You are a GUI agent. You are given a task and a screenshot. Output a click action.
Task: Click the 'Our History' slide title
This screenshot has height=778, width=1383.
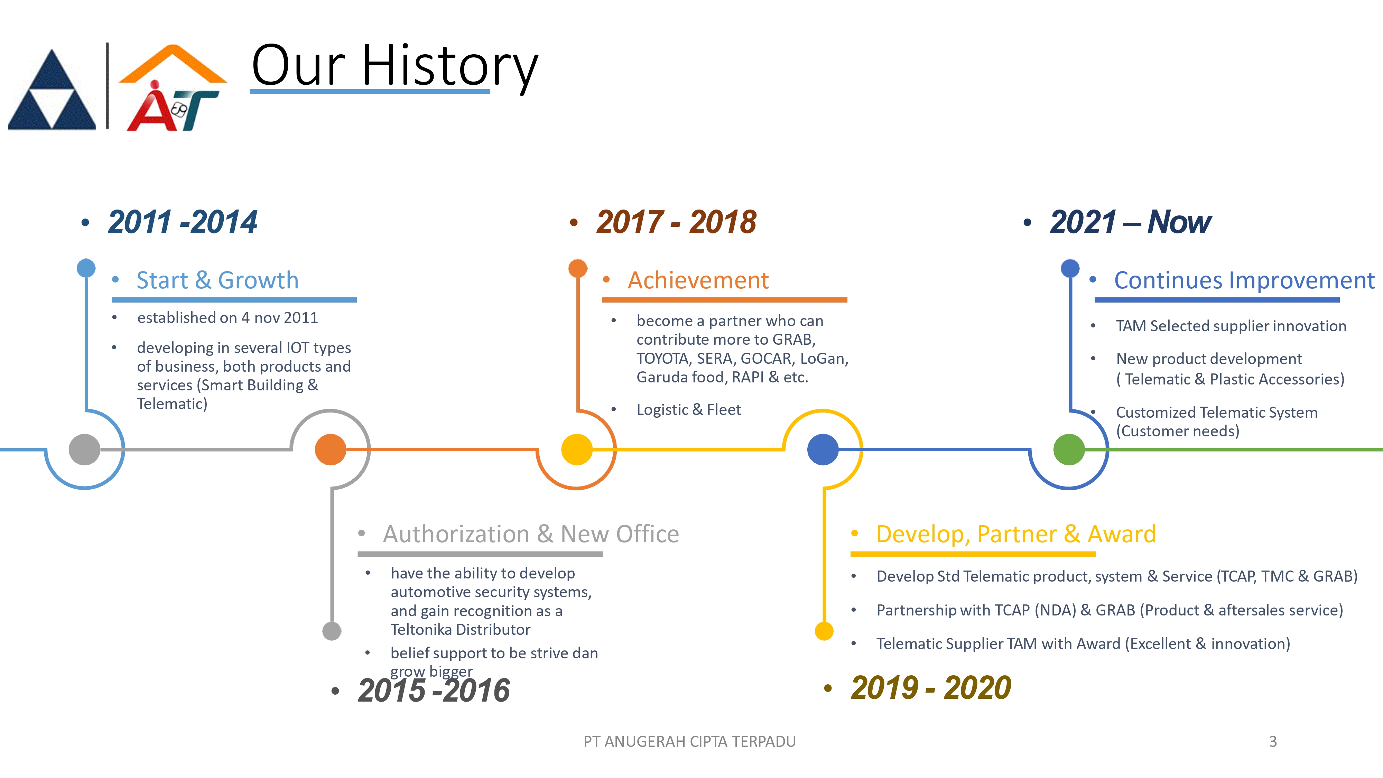395,66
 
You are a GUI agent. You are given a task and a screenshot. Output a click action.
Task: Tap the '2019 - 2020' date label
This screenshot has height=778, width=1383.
931,688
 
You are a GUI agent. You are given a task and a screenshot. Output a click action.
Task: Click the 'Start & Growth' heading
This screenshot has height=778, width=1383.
217,280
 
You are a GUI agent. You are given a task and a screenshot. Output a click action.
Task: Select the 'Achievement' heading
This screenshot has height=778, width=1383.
698,280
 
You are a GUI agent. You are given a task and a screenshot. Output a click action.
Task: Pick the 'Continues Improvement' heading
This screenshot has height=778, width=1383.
1244,280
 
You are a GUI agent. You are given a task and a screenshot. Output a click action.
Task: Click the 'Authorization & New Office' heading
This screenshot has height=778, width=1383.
531,534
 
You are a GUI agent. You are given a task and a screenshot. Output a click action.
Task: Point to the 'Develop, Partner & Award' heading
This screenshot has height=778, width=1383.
1016,534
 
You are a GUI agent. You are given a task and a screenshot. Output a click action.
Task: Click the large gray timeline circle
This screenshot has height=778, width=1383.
84,450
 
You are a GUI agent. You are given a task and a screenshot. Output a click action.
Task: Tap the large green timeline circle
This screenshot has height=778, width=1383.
1069,450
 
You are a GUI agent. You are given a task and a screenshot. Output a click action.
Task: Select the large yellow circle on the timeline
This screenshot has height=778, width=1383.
577,450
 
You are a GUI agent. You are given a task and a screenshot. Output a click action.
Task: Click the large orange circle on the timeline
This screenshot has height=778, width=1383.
330,450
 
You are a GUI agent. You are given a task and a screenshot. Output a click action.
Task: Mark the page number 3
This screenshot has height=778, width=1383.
1272,741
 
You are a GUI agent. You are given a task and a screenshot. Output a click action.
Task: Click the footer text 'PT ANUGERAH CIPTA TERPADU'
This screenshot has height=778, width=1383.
689,741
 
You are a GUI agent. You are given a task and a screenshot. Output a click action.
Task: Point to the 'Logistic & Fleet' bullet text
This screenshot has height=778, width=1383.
688,410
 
